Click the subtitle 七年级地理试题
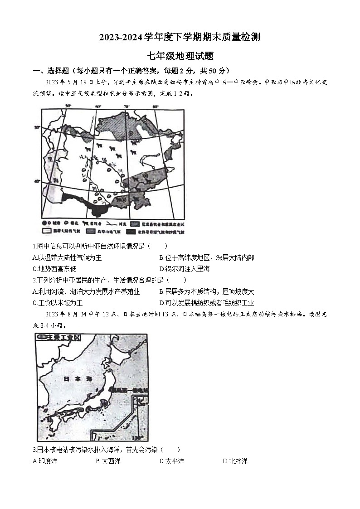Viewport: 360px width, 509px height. [180, 56]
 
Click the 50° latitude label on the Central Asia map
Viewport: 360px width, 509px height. [38, 128]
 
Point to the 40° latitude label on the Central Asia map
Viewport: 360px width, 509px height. [38, 181]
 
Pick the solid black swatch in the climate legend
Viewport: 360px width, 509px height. [132, 232]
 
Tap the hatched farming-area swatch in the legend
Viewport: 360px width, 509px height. [135, 224]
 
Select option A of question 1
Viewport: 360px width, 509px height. [67, 257]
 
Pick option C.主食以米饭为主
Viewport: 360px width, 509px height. [58, 303]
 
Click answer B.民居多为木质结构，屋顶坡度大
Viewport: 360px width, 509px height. [207, 291]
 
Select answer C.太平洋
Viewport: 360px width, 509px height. [172, 461]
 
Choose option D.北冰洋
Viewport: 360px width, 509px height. [235, 461]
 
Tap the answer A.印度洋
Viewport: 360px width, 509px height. [45, 461]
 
